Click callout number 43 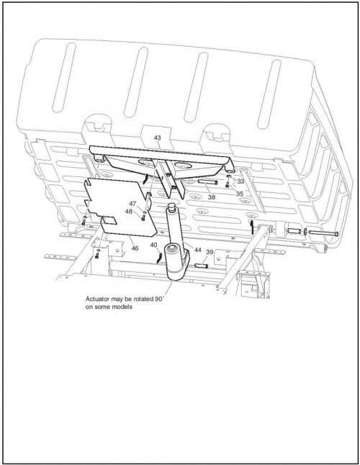click(x=157, y=138)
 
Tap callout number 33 click(x=240, y=181)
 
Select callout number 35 click(x=240, y=194)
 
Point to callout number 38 click(x=212, y=197)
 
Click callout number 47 click(x=132, y=204)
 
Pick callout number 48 click(x=129, y=212)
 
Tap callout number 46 click(x=135, y=248)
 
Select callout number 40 click(x=153, y=245)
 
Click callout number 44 click(x=198, y=250)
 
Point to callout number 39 click(x=210, y=252)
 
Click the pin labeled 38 click(x=207, y=182)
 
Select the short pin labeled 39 click(x=202, y=266)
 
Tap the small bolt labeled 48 click(x=143, y=218)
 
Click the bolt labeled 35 click(x=228, y=185)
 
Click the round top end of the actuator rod click(x=171, y=205)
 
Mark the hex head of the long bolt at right click(x=336, y=234)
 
